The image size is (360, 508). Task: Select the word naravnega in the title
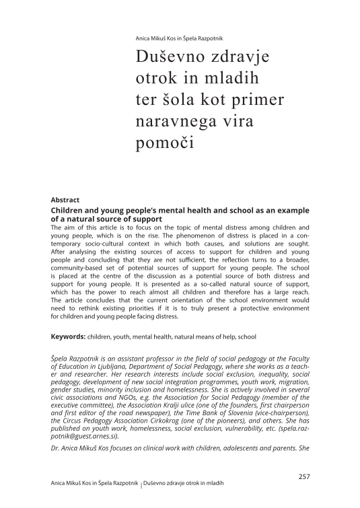[x=178, y=122]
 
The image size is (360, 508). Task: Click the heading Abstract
[x=65, y=200]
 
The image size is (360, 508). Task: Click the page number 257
[x=303, y=476]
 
